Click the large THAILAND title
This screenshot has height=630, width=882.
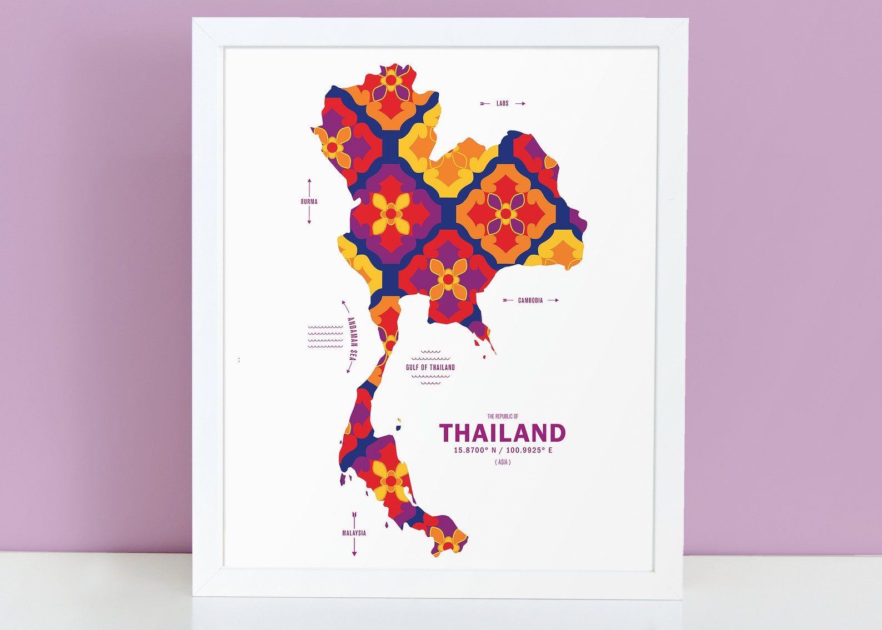click(x=502, y=433)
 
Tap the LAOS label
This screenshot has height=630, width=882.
click(x=503, y=104)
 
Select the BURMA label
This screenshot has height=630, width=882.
click(x=309, y=202)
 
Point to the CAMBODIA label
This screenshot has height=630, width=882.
click(x=530, y=301)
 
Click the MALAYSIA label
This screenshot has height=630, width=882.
click(x=354, y=533)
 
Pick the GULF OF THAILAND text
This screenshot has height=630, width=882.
click(x=430, y=367)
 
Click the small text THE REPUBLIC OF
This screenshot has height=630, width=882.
click(x=503, y=416)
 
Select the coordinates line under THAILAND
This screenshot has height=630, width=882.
click(x=503, y=450)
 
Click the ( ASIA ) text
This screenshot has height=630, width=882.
click(x=503, y=462)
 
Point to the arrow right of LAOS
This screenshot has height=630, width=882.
click(x=520, y=104)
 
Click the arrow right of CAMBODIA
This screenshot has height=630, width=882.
click(x=553, y=300)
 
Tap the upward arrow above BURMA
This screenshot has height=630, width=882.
click(x=309, y=187)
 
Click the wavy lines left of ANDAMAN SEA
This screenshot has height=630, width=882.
click(x=325, y=337)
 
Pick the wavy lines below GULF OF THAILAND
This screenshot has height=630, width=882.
click(x=430, y=379)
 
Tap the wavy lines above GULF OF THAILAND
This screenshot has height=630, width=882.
click(x=430, y=352)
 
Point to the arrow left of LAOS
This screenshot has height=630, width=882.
click(x=485, y=104)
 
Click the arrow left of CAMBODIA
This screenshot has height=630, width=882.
click(x=508, y=300)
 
